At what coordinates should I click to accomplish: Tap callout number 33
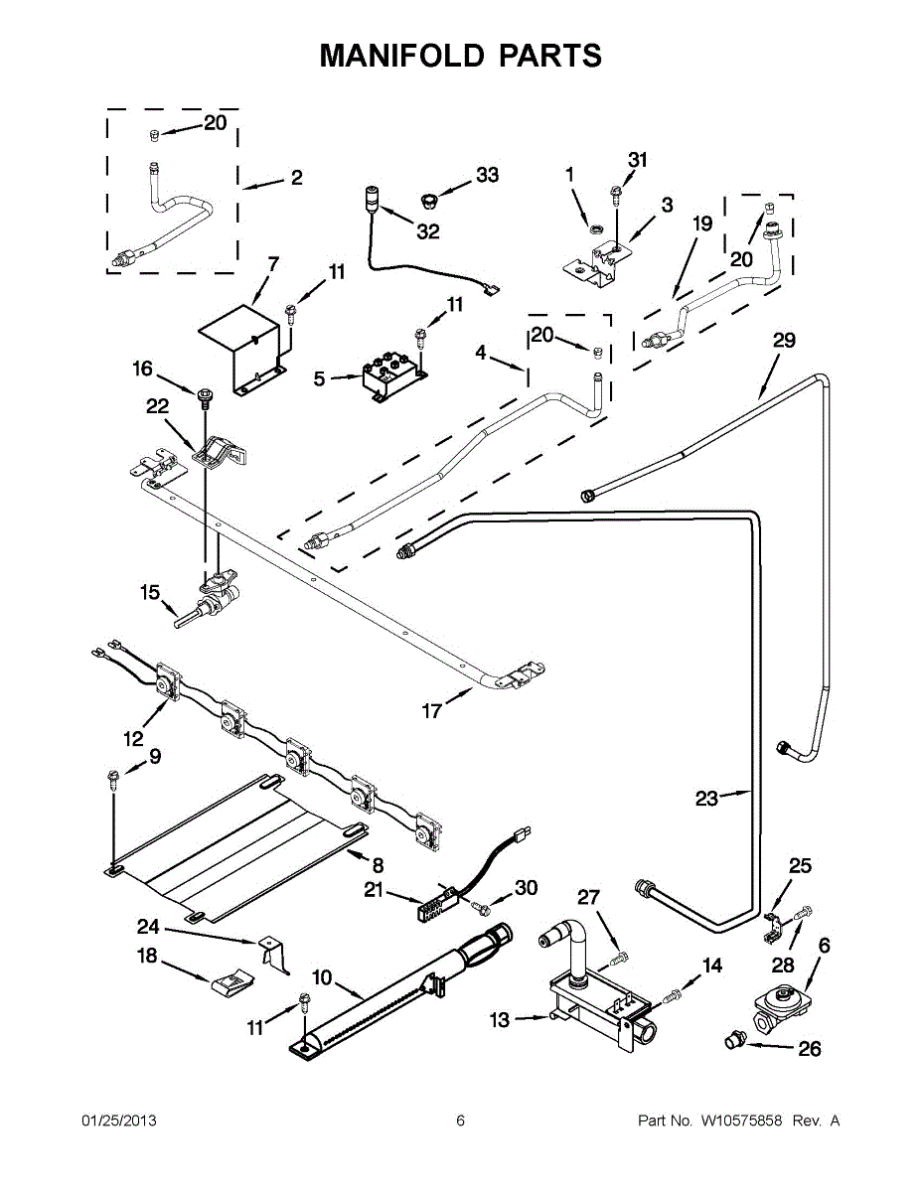(487, 175)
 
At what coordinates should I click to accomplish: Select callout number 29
(784, 341)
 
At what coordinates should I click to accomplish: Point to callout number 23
(706, 799)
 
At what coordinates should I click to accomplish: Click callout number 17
(432, 711)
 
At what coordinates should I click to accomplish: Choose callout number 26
(809, 1049)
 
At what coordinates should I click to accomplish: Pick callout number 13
(500, 1020)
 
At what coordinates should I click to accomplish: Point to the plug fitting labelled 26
(735, 1039)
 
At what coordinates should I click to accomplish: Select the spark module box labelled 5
(393, 376)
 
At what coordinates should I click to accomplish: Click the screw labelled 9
(114, 780)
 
